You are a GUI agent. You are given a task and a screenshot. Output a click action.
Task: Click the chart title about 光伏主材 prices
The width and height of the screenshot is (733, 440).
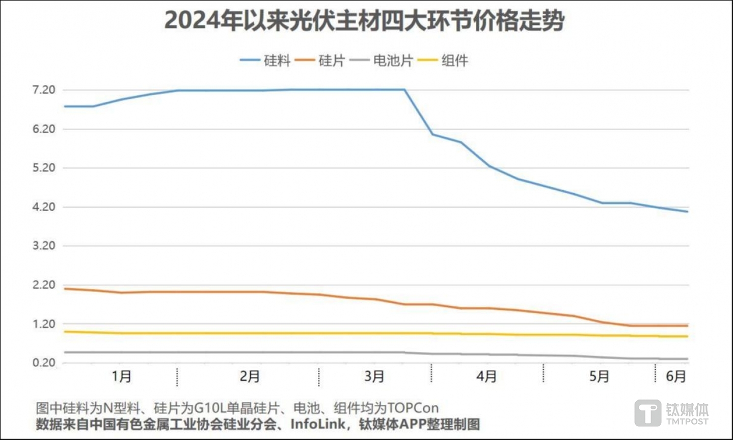(364, 21)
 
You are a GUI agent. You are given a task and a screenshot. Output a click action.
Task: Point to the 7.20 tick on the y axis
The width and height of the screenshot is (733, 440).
(44, 90)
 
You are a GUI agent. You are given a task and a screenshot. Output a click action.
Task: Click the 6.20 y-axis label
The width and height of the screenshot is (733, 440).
(44, 129)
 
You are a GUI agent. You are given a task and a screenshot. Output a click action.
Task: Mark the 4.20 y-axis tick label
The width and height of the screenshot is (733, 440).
(44, 207)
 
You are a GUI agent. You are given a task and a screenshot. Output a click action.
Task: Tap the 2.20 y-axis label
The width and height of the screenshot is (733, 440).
(44, 285)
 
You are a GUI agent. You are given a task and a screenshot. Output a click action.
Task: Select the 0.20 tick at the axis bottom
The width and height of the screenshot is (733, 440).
(44, 363)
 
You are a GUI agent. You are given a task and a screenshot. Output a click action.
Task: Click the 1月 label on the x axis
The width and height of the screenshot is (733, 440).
(121, 376)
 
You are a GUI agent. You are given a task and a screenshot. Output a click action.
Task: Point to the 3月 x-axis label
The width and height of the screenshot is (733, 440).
(374, 376)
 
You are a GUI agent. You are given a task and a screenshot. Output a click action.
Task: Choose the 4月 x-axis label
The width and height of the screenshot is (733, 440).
(486, 376)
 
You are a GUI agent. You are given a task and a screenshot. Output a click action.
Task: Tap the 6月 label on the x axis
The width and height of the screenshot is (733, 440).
(676, 376)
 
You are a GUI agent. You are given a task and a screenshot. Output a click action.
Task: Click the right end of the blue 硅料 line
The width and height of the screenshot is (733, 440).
(687, 211)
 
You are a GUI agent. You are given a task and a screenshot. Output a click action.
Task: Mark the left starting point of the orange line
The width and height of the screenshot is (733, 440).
(65, 288)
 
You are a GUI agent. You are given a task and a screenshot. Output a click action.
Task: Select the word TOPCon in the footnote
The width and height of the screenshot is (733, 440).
(413, 408)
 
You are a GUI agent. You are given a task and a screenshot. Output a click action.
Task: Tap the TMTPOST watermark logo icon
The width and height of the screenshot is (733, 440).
(648, 413)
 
